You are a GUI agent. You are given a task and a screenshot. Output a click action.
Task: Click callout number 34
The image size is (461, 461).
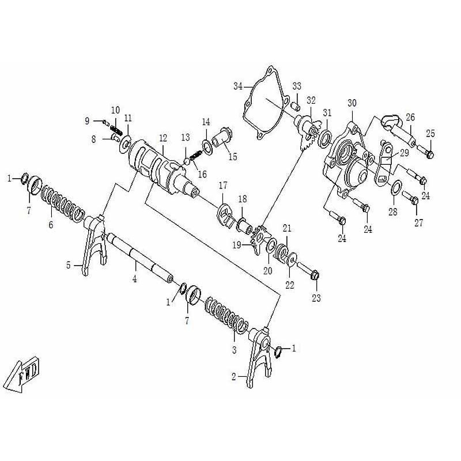(x=238, y=86)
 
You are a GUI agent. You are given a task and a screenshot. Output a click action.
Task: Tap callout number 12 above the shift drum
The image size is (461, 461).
(x=163, y=138)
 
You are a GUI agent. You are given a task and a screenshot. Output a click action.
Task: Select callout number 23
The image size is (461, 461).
(x=316, y=298)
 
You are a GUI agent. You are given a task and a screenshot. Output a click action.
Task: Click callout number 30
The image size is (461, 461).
(x=352, y=103)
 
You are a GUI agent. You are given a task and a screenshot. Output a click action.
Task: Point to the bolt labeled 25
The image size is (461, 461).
(x=428, y=153)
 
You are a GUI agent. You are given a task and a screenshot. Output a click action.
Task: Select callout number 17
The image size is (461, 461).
(x=223, y=186)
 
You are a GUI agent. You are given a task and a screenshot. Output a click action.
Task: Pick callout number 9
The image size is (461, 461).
(x=88, y=121)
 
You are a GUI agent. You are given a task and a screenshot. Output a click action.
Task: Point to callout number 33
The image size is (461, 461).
(x=297, y=86)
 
